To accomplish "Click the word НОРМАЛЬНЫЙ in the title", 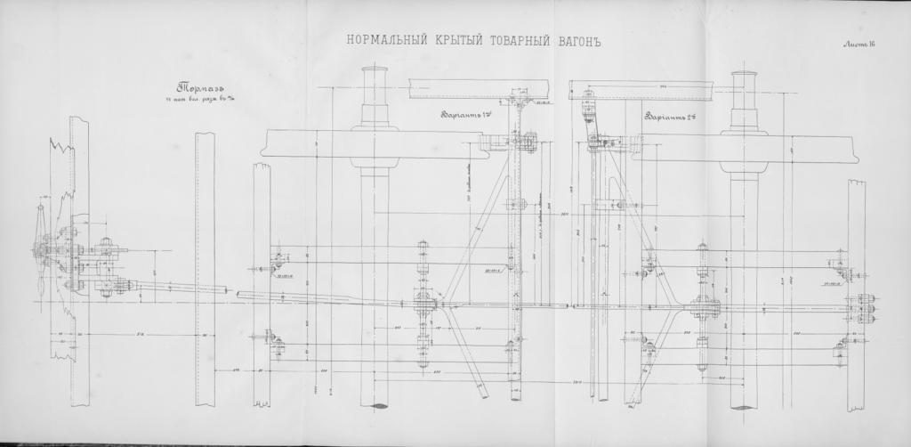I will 377,41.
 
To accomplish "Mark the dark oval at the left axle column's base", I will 375,406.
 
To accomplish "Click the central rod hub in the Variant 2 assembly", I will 703,307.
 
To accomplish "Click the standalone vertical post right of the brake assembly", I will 205,267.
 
